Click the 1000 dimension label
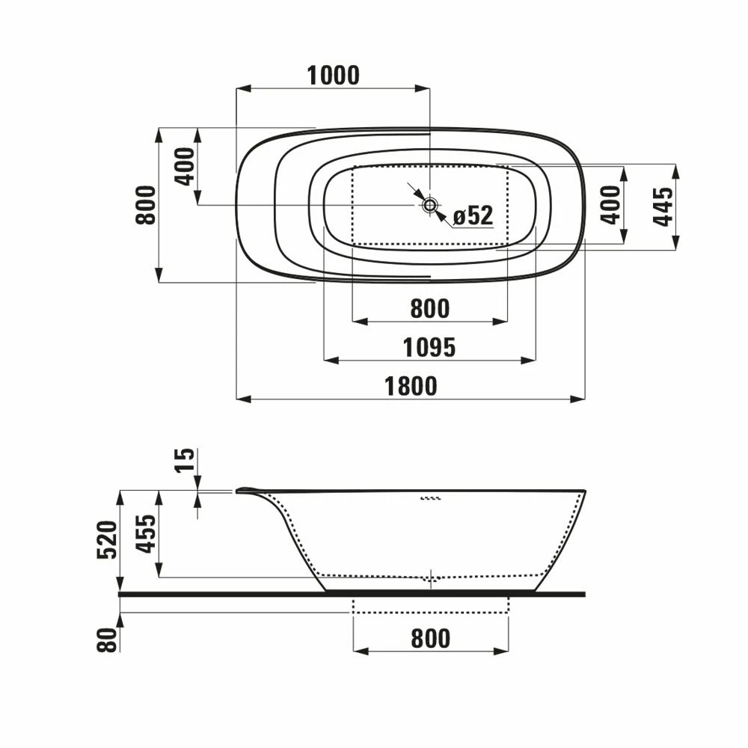point(334,76)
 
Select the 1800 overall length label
point(411,386)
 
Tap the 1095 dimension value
point(429,347)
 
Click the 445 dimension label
point(663,206)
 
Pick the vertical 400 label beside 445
point(611,206)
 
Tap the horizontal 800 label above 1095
point(429,308)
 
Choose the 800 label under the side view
point(430,638)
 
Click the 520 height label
point(107,540)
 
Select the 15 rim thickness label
point(186,459)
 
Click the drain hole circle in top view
point(430,205)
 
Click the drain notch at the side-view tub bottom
point(430,578)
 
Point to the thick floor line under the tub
point(352,594)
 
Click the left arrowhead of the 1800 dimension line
point(242,399)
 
